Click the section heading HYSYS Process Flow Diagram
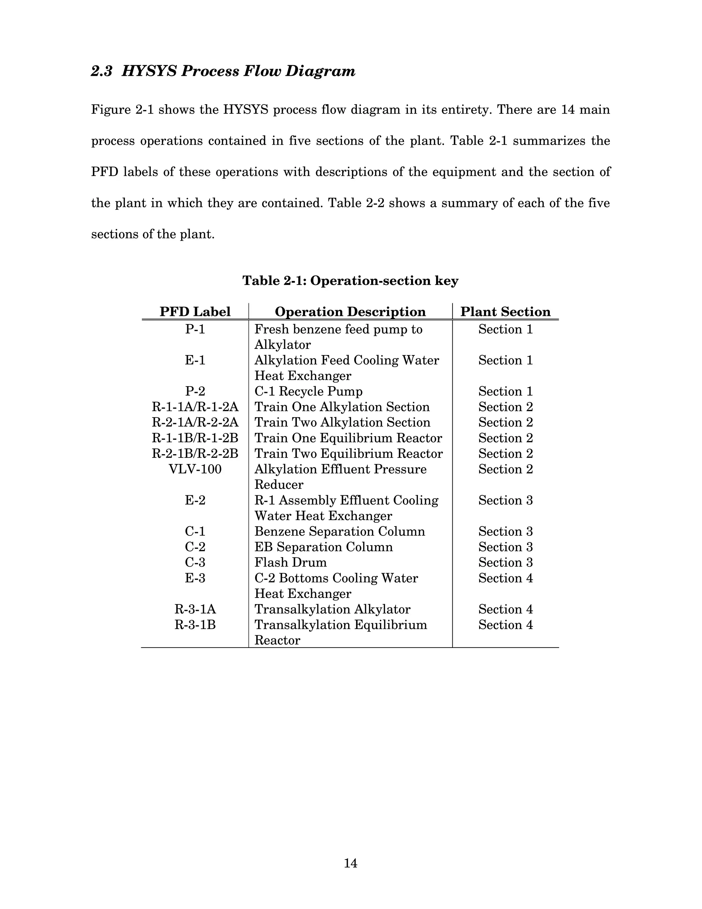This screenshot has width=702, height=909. pos(223,71)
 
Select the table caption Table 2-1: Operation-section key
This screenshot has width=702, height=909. pos(350,281)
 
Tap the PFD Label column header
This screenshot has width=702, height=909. pos(195,312)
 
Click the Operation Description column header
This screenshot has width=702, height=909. pos(350,312)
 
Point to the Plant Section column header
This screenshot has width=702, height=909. pos(505,312)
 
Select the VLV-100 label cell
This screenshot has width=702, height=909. pos(195,469)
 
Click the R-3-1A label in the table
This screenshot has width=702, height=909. pos(195,609)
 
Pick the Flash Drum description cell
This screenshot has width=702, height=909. pos(290,563)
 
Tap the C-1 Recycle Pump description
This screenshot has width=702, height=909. pos(308,391)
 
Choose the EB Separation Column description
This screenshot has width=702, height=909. pos(323,547)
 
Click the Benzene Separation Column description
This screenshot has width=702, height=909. pos(339,531)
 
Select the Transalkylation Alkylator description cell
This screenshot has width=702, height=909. pos(332,609)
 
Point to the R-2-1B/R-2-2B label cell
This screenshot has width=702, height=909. pos(195,454)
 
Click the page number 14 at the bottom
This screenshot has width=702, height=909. pos(350,863)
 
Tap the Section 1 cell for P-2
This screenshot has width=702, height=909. pos(505,391)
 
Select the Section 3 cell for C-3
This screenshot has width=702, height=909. pos(505,563)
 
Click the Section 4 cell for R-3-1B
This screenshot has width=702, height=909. pos(505,625)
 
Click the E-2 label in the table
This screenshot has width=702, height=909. pos(195,500)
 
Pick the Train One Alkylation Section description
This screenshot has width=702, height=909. pos(342,407)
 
